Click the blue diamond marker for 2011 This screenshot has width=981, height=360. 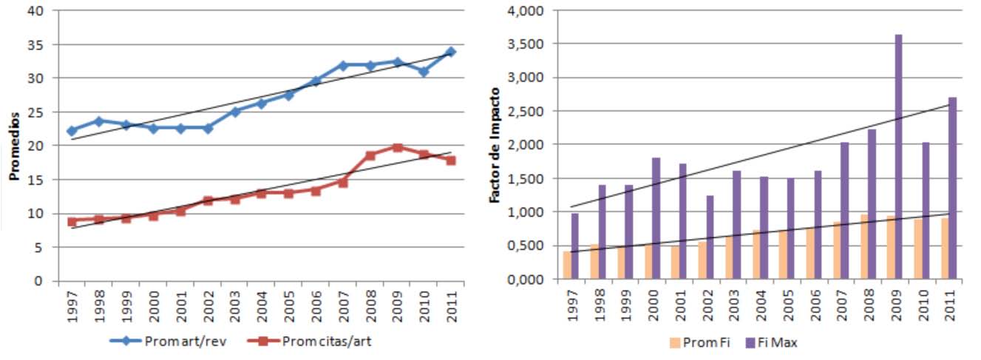(x=451, y=52)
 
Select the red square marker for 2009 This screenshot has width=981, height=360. (x=397, y=147)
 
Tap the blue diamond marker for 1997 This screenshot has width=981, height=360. (x=72, y=131)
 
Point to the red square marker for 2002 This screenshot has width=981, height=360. (x=208, y=200)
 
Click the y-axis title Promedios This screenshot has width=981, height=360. (x=13, y=146)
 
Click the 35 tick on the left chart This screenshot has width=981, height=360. (x=35, y=44)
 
